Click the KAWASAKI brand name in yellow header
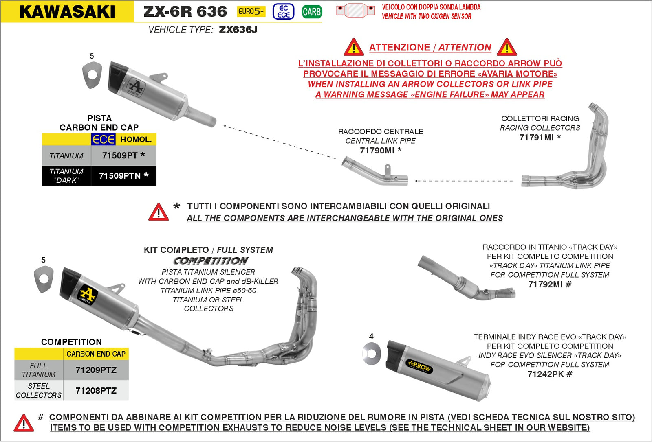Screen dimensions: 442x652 (67, 11)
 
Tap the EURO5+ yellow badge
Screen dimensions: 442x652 (251, 11)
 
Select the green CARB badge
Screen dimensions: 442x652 (312, 12)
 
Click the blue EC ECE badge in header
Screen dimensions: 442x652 (284, 11)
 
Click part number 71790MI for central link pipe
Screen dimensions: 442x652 (377, 151)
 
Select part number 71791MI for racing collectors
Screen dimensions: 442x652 (537, 138)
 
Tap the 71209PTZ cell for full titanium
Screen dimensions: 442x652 (96, 370)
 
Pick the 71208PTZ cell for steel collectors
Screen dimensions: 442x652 (96, 391)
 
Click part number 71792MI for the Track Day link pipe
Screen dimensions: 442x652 (546, 284)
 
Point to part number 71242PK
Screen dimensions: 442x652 (546, 374)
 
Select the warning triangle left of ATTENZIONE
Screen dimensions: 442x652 (353, 48)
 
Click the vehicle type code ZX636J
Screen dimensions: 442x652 (238, 30)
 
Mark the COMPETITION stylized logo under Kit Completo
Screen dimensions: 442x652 (210, 260)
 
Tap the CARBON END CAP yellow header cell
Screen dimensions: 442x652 (96, 354)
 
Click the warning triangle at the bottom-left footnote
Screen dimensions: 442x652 (24, 423)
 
